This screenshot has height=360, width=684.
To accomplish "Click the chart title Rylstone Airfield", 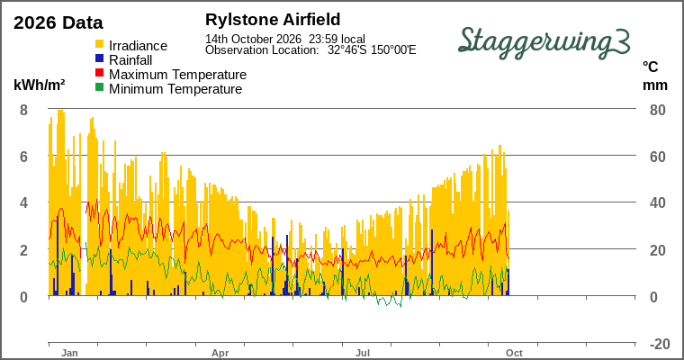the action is (273, 20).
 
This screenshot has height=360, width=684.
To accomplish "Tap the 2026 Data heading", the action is (58, 22).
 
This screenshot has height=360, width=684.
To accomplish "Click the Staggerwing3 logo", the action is (544, 42).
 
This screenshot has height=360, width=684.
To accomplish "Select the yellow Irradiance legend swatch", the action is (100, 44).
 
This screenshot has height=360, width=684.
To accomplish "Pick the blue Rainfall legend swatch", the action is (100, 58).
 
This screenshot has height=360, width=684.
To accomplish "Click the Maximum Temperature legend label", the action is (177, 75).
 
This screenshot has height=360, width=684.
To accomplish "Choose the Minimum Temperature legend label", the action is (175, 89).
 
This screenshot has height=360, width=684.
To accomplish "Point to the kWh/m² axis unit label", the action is (40, 85).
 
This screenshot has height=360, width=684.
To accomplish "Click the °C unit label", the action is (650, 67).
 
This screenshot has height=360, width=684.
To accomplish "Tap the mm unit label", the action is (655, 85).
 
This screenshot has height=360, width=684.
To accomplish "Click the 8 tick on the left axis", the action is (23, 110).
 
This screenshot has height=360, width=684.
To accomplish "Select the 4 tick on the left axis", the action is (23, 202).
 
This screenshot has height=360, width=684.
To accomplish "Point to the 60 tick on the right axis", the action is (657, 157).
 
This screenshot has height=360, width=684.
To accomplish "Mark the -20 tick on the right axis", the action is (660, 344).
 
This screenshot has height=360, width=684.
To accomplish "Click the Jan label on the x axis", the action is (69, 353).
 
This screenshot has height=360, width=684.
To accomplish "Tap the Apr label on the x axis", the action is (220, 353).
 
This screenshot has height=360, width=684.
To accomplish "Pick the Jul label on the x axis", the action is (363, 353).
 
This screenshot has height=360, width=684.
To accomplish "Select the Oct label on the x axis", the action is (514, 353).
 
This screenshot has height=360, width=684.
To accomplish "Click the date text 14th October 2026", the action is (254, 39).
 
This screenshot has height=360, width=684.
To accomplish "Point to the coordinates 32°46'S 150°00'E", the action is (372, 49).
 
